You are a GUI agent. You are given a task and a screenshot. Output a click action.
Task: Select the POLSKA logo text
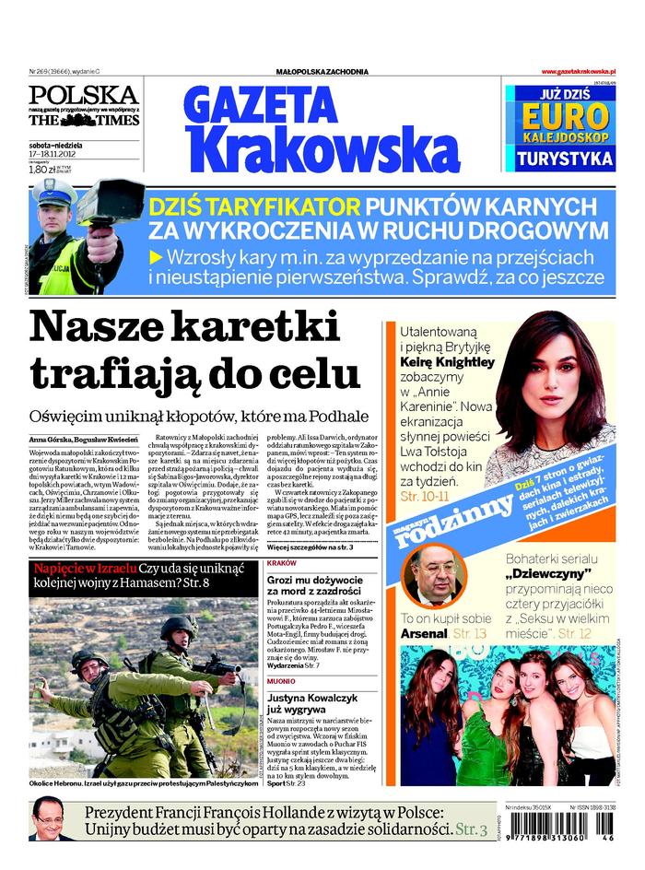coord(83,94)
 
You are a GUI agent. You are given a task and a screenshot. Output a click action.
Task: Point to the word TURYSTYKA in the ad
coord(565,158)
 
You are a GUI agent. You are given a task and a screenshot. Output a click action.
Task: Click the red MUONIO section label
coord(281,682)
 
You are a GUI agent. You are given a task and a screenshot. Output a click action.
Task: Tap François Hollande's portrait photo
coord(52,820)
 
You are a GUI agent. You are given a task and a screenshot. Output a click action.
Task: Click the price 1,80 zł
coord(43,170)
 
